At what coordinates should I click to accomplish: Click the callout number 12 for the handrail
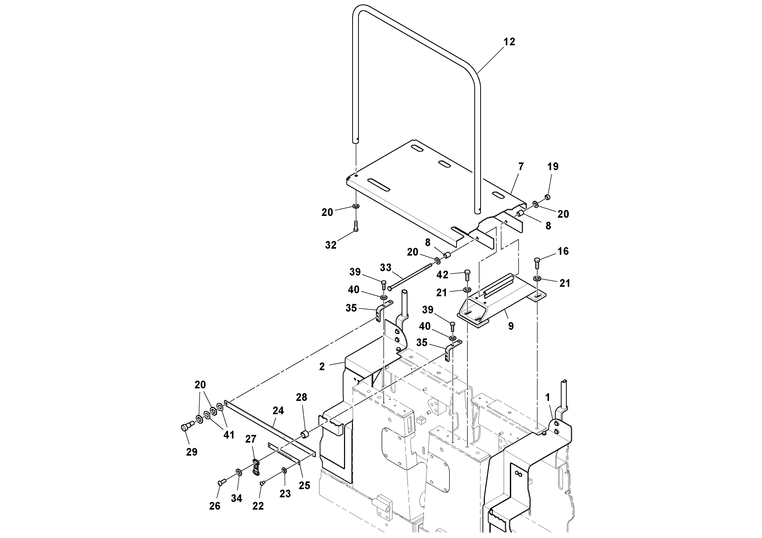(509, 42)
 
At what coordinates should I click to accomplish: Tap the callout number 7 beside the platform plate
(521, 167)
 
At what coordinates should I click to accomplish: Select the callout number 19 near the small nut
(553, 167)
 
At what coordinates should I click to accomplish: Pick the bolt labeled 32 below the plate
(356, 226)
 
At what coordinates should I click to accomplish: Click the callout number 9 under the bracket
(511, 326)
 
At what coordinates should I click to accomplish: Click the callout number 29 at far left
(191, 452)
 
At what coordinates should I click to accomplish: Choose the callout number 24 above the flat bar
(278, 411)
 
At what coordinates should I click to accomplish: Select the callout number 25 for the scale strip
(304, 486)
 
